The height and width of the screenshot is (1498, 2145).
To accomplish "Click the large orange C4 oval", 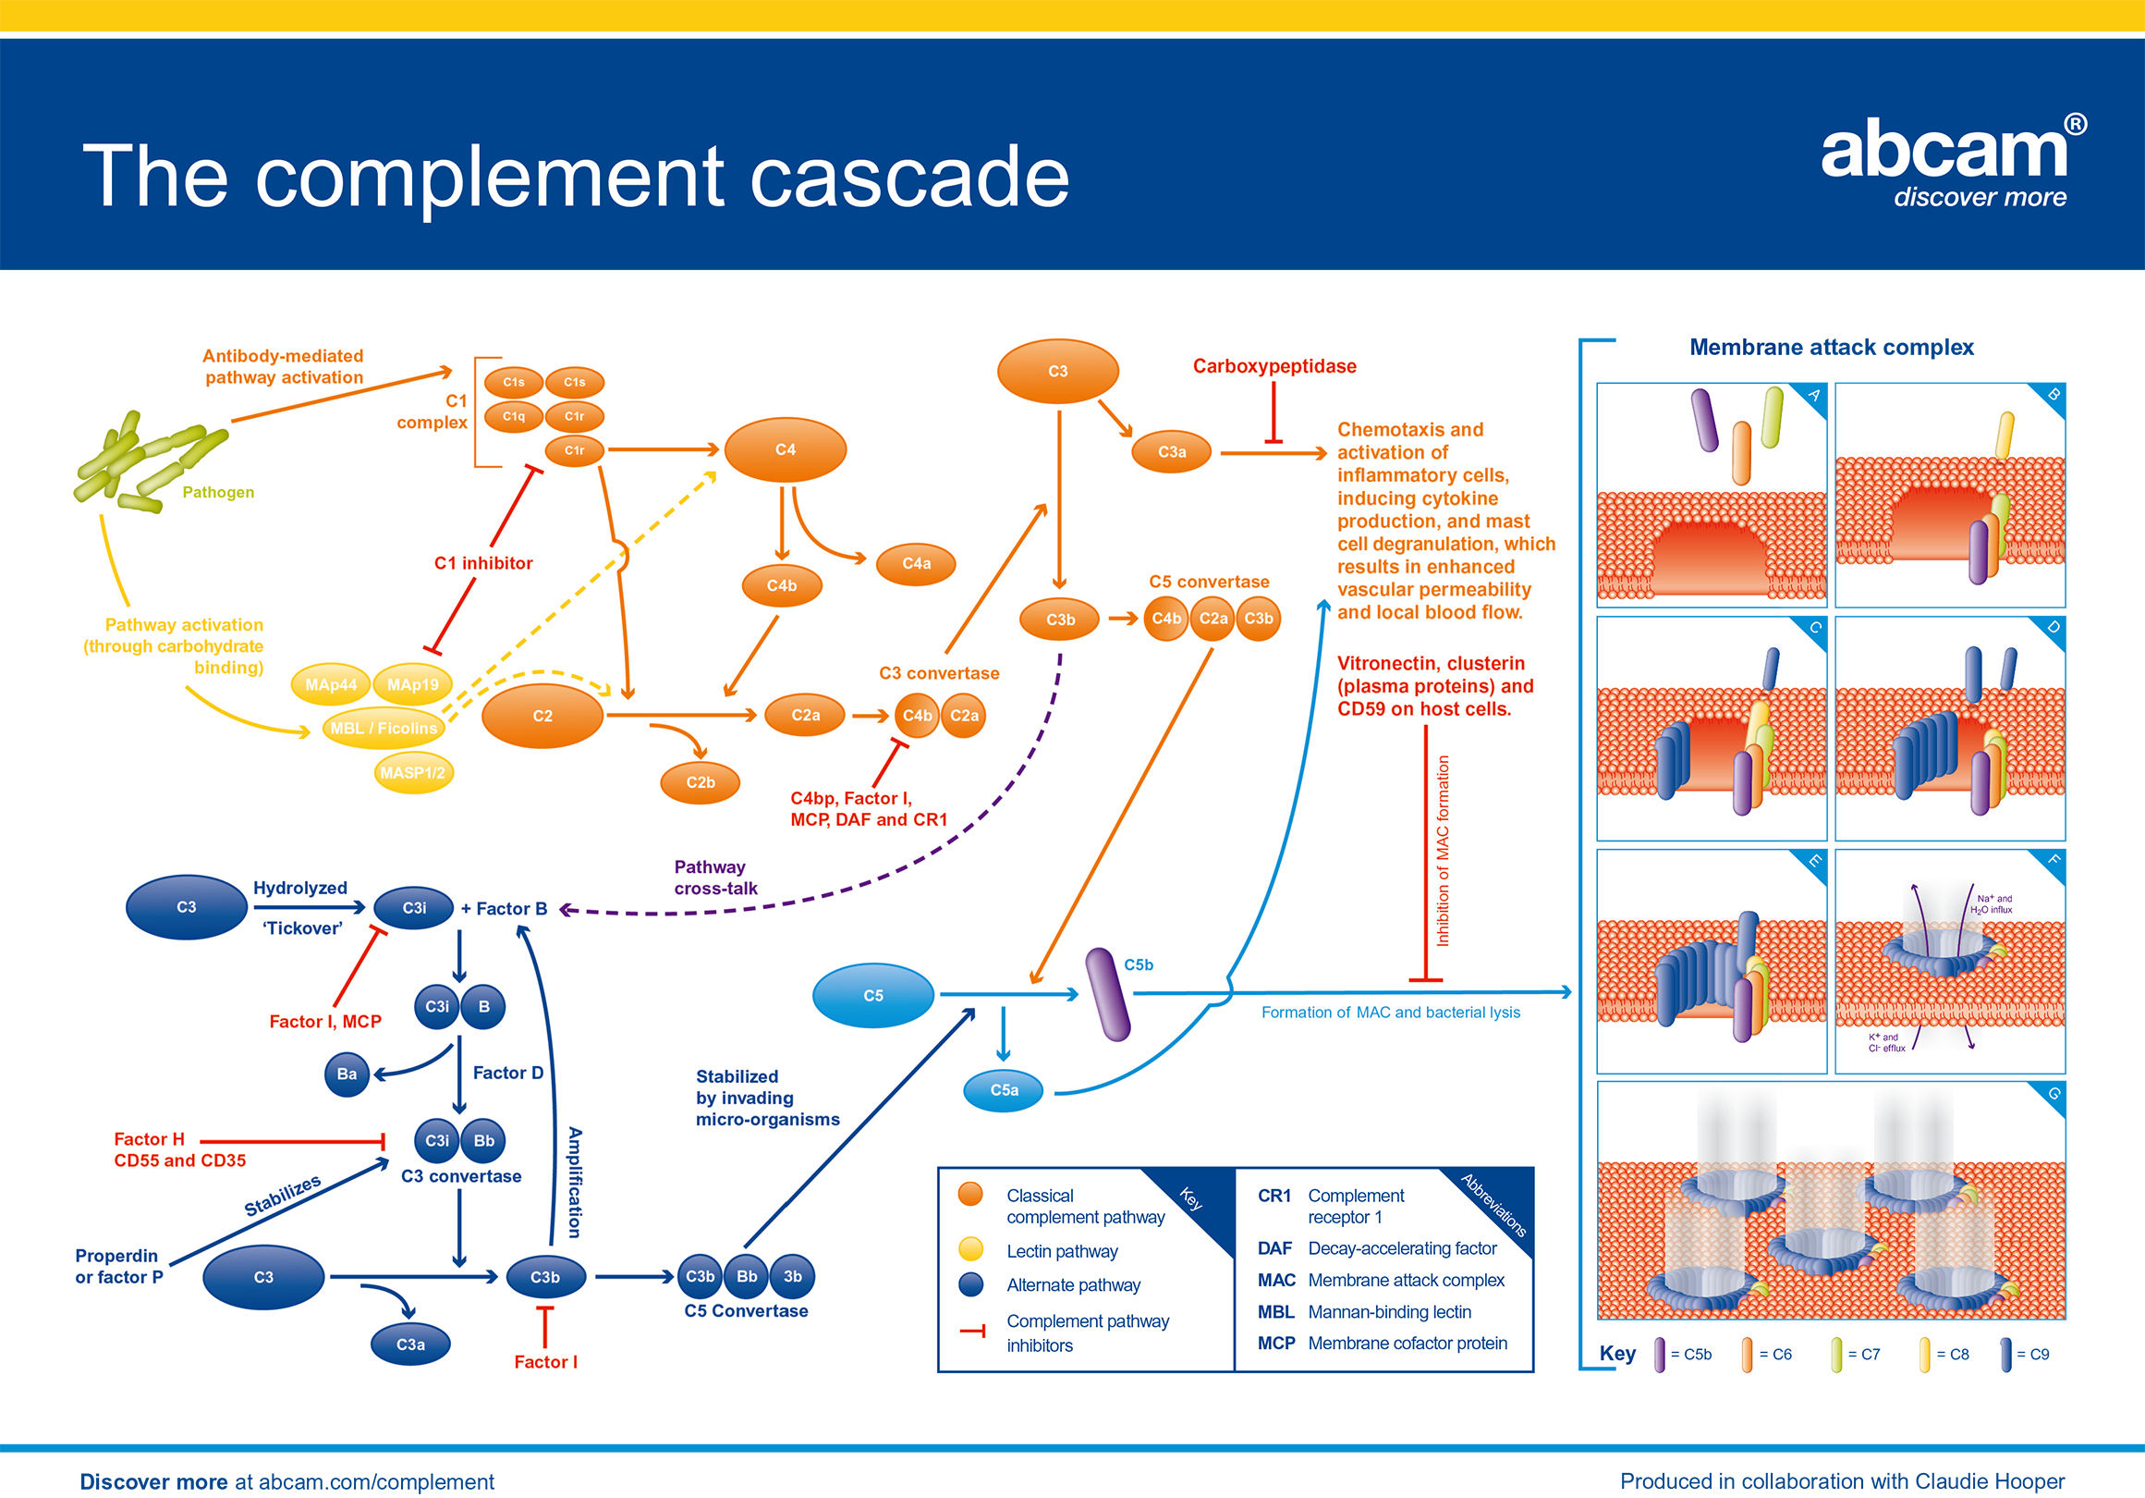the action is (x=785, y=449).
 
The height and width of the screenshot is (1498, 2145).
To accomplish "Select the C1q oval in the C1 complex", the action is (x=514, y=416).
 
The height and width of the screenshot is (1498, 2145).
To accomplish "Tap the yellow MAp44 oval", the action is (x=331, y=685).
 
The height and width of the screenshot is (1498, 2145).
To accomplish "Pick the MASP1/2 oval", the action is (x=413, y=773).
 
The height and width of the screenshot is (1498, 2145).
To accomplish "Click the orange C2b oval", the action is (x=700, y=783).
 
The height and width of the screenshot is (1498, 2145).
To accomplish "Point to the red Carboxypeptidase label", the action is (x=1274, y=366).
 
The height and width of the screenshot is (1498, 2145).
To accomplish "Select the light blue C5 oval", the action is (x=872, y=995).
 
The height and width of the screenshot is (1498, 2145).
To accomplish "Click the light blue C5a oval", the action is (x=1004, y=1089).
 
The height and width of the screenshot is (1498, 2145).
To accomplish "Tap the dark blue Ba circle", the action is (x=347, y=1074).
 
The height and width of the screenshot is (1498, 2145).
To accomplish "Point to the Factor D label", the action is (x=507, y=1073).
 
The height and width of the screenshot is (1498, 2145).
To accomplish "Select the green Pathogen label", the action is (x=218, y=493).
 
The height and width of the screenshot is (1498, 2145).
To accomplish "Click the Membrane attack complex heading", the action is (x=1831, y=348).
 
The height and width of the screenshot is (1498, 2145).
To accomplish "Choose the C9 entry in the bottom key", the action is (x=2025, y=1354).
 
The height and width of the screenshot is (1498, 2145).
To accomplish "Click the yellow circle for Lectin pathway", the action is (x=971, y=1249).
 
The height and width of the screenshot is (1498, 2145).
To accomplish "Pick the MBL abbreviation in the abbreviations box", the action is (x=1275, y=1312).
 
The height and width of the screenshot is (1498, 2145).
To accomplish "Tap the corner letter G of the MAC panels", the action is (x=2054, y=1093).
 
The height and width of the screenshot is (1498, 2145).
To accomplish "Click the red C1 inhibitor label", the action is (x=483, y=563).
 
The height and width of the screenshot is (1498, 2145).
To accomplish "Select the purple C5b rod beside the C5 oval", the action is (x=1108, y=994).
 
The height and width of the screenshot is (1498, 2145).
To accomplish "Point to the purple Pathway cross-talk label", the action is (x=715, y=878).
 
